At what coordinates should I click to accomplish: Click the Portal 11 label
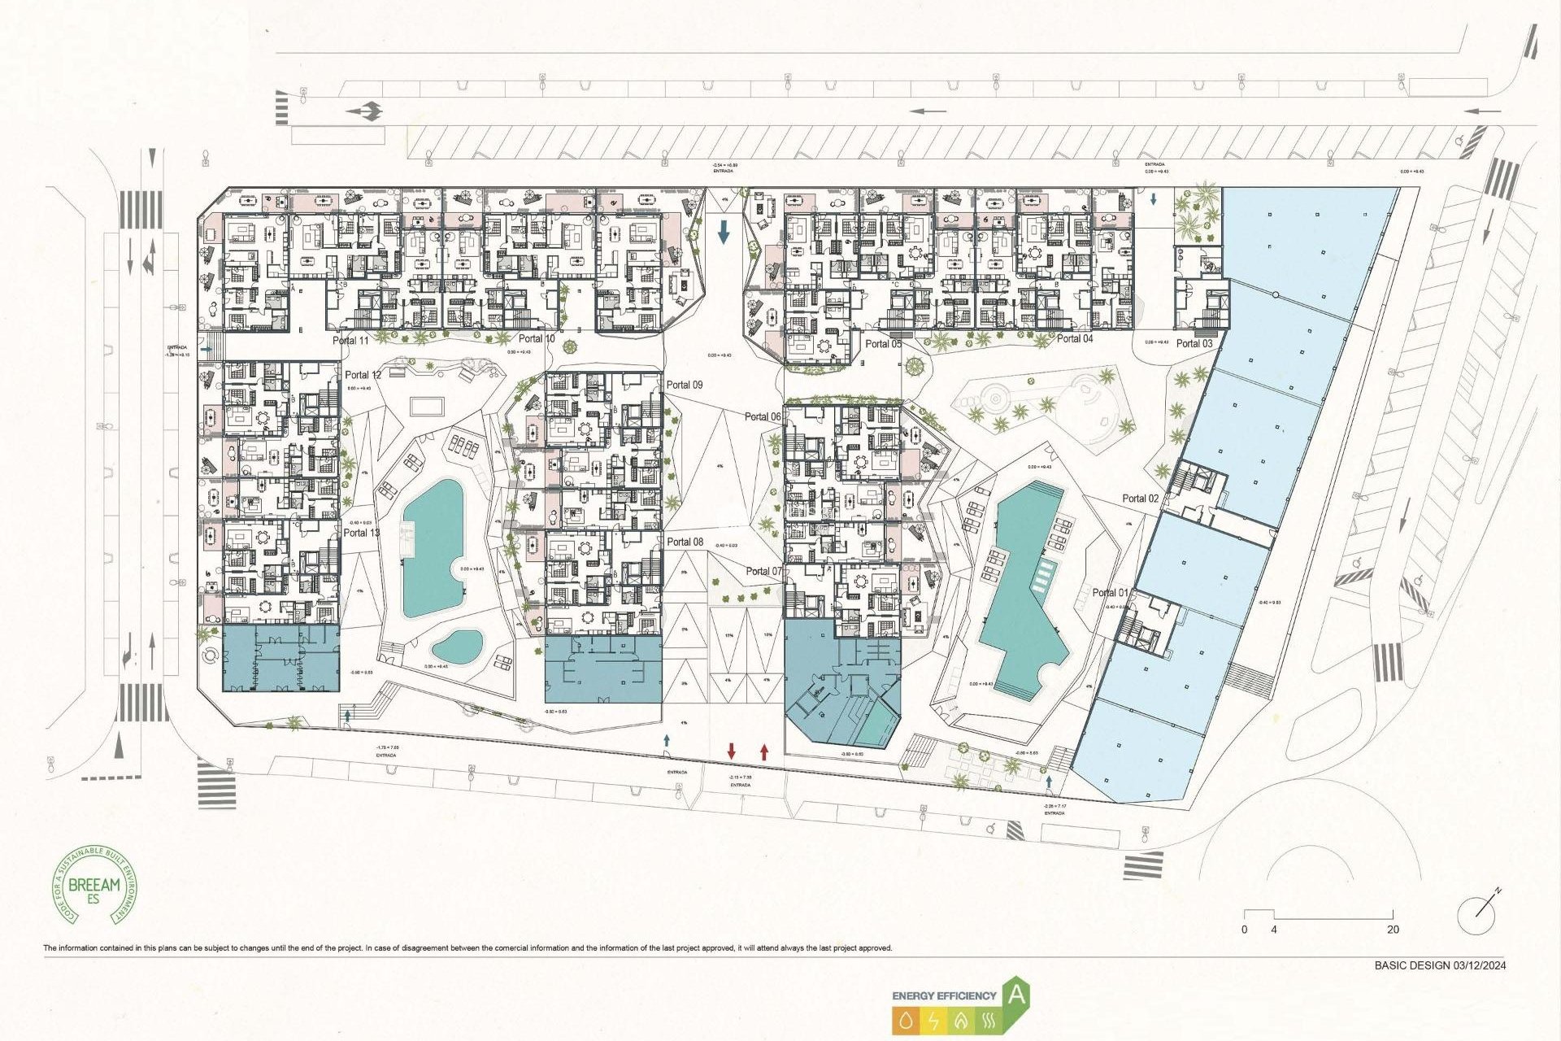350,340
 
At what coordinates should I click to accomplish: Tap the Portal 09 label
685,385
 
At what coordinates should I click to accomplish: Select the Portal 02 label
1140,499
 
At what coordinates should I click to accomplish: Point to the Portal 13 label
361,533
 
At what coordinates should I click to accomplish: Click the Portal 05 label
883,344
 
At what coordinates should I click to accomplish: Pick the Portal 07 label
763,571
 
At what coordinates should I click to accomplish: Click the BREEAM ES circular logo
95,885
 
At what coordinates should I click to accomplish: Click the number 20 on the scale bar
1393,930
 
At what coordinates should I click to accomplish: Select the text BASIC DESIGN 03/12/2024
1440,965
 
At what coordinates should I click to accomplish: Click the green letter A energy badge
1016,994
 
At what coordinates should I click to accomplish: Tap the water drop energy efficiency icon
907,1020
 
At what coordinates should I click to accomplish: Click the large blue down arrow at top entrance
724,233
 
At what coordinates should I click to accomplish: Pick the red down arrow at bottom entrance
732,751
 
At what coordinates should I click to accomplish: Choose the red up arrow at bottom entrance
763,751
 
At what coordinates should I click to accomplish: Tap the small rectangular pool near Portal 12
427,405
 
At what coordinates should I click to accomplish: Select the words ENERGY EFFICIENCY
944,995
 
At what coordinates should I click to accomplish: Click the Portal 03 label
1194,343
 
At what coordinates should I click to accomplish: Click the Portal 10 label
537,338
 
